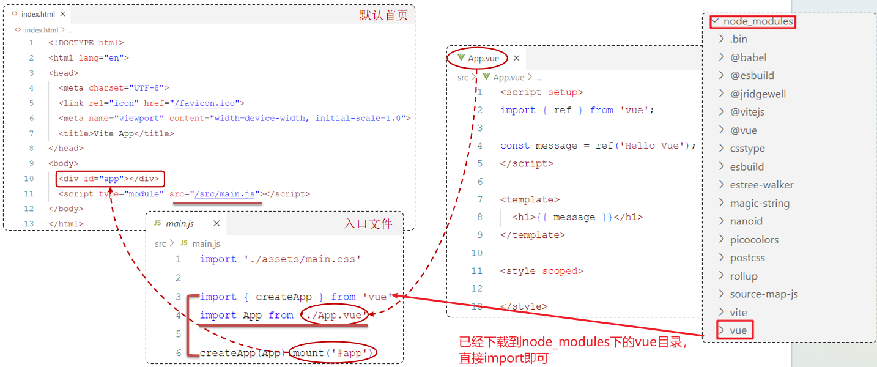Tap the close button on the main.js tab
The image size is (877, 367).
pos(216,224)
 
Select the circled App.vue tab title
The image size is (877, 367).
pos(483,59)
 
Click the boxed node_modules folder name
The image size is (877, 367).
pos(758,22)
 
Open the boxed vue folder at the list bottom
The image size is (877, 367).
pos(738,331)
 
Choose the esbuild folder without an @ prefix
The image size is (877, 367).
pos(747,167)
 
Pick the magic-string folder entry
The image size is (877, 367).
pos(760,203)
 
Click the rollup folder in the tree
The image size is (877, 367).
pos(744,276)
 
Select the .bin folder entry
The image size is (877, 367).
pos(738,39)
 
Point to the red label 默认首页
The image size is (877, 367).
pos(383,15)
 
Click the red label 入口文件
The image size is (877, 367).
pos(368,224)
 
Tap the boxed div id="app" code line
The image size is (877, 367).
pos(110,179)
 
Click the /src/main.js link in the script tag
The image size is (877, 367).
pos(224,195)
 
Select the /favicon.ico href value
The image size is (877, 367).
pos(207,103)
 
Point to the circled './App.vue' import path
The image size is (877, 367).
pos(335,316)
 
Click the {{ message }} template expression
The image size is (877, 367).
pos(573,217)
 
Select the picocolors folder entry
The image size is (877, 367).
pos(754,240)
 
